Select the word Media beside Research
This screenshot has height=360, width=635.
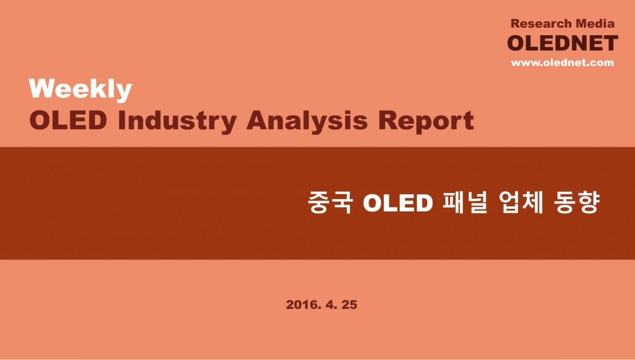(596, 23)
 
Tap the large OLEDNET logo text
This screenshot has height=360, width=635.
(562, 43)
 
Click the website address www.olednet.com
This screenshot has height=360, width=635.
(562, 62)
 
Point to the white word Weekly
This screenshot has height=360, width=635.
(81, 89)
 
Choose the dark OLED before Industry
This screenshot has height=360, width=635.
(68, 120)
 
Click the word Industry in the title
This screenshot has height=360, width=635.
(177, 121)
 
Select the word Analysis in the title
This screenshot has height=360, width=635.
(307, 121)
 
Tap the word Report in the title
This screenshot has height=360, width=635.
(426, 121)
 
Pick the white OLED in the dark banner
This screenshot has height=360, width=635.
(398, 202)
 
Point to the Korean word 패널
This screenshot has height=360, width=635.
(464, 202)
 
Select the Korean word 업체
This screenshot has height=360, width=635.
(521, 202)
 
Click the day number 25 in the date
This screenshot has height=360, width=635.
(350, 305)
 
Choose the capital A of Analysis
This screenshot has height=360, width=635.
(256, 120)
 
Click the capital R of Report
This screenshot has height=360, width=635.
(388, 120)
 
